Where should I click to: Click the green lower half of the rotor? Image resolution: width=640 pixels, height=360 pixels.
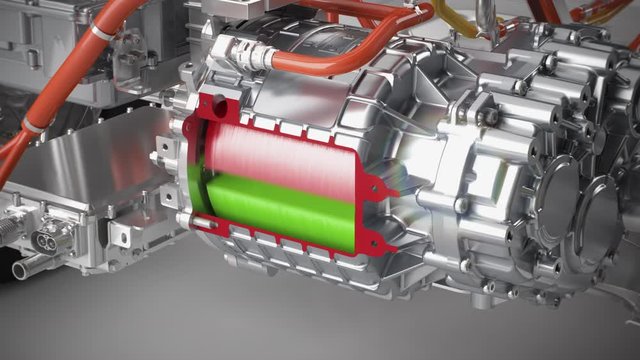point(270,205)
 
